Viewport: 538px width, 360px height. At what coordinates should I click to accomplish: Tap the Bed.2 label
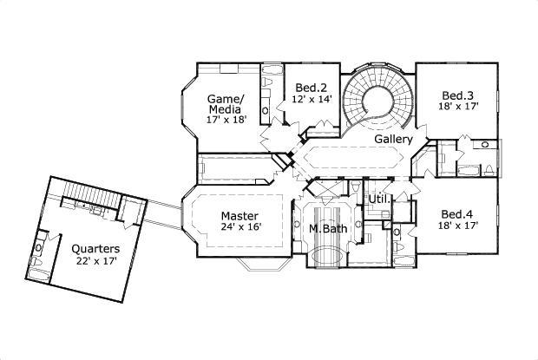(310, 88)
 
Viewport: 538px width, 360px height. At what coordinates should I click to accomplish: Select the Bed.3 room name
(456, 95)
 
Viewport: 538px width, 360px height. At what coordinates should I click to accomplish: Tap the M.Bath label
(328, 229)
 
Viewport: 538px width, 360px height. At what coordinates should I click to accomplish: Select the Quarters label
(95, 249)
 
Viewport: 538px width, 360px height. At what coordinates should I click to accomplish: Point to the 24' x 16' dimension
(240, 227)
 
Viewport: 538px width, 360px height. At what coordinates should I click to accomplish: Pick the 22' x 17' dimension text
(95, 261)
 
